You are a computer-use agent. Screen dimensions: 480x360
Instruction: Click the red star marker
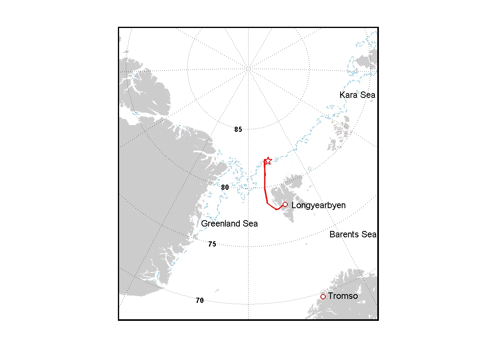click(268, 161)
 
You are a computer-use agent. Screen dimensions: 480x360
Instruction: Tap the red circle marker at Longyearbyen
click(285, 205)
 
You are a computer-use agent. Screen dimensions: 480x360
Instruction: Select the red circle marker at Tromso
click(323, 296)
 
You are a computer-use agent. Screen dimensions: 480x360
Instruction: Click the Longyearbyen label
click(319, 205)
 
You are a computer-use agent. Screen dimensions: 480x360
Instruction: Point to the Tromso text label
click(343, 296)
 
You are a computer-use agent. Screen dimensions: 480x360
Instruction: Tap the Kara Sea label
click(357, 95)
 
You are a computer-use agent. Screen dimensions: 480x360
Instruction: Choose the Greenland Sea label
click(229, 224)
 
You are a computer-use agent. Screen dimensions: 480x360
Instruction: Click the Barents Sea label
click(353, 235)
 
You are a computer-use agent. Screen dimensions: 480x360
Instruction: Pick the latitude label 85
click(238, 129)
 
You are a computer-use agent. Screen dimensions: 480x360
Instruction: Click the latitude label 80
click(225, 187)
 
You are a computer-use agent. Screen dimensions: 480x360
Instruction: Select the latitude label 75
click(212, 244)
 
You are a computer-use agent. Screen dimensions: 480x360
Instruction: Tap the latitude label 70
click(200, 300)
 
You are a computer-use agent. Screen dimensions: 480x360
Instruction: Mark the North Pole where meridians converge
click(248, 69)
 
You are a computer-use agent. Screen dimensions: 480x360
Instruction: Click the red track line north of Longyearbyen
click(265, 180)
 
